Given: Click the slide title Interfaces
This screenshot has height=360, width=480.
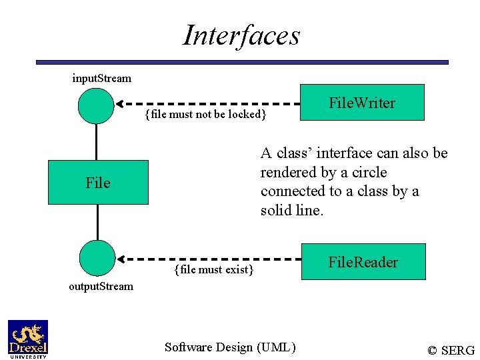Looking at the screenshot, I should click(x=241, y=35).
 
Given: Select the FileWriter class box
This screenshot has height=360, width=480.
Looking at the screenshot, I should click(x=362, y=102).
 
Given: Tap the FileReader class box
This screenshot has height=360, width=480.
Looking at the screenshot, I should click(x=363, y=261).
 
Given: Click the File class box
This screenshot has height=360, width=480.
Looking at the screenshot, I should click(x=98, y=182).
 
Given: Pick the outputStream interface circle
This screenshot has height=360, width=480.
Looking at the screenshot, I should click(x=97, y=258).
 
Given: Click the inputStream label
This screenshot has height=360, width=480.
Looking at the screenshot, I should click(x=101, y=78).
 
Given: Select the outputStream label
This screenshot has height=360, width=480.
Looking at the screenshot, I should click(x=101, y=287).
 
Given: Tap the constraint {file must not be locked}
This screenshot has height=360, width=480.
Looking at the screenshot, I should click(x=205, y=115).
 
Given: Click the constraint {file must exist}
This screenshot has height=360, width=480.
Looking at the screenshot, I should click(x=213, y=269).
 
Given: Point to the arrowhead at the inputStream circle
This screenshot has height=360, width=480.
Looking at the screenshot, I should click(x=120, y=104).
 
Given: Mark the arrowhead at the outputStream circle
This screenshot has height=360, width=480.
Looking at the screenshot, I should click(x=121, y=258).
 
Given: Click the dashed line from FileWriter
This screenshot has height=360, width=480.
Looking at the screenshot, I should click(x=213, y=104).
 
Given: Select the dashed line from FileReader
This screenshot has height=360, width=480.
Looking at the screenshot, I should click(x=213, y=258).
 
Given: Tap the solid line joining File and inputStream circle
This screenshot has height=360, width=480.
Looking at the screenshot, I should click(x=97, y=142).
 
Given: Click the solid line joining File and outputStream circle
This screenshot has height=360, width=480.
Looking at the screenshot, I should click(x=97, y=222).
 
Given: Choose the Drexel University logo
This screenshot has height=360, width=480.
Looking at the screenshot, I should click(x=27, y=339).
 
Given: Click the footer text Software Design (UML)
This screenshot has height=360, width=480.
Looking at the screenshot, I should click(x=229, y=347).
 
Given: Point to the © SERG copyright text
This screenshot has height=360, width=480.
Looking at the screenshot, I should click(x=451, y=350).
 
